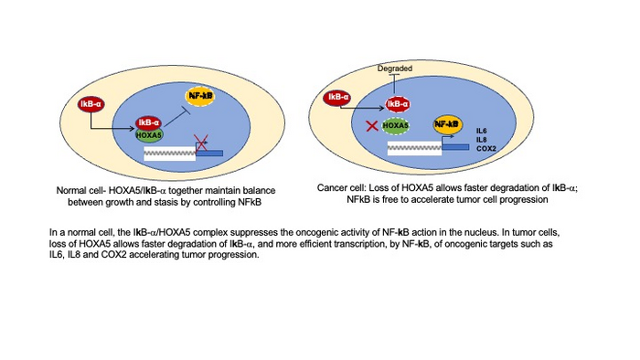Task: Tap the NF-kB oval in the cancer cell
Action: coord(447,123)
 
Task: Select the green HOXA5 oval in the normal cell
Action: coord(148,134)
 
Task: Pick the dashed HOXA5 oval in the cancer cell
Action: coord(395,125)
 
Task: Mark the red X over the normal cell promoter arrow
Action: coord(203,143)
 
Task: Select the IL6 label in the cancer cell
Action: coord(482,132)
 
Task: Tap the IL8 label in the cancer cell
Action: coord(482,140)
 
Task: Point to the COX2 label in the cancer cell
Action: coord(486,148)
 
